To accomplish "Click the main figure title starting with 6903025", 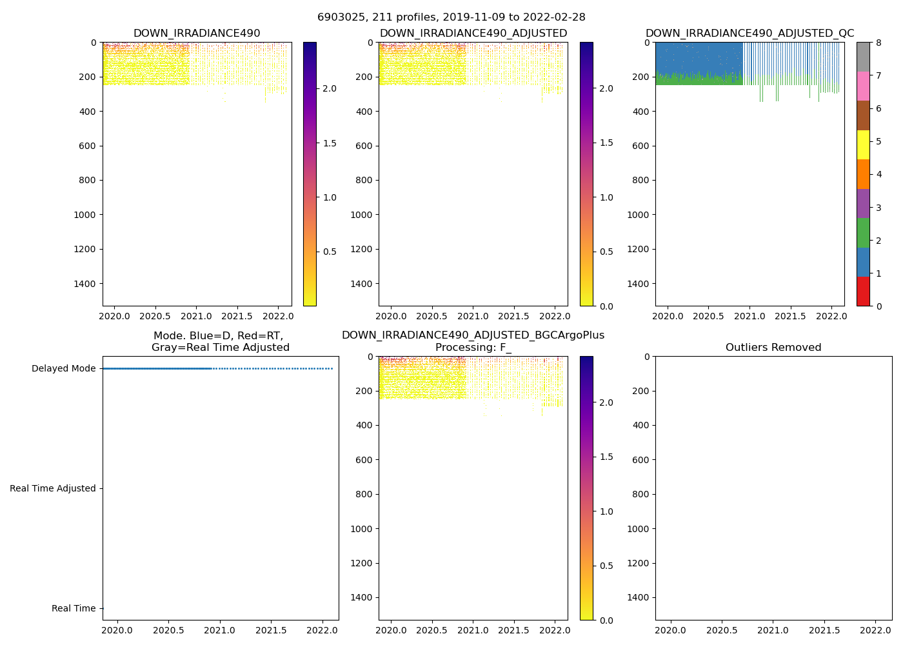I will click(x=451, y=17).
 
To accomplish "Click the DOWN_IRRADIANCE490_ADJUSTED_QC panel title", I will click(x=749, y=34).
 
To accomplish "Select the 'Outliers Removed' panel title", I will click(x=773, y=348).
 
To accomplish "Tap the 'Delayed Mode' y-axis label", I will click(x=63, y=369).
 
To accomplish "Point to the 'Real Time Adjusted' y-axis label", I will click(x=52, y=489).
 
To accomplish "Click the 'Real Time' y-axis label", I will click(x=74, y=609).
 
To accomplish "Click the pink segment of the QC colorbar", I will click(x=863, y=86).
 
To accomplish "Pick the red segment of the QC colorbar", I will click(x=863, y=292).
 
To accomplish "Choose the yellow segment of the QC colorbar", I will click(x=863, y=145).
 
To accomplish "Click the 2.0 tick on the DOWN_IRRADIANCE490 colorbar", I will click(x=329, y=88).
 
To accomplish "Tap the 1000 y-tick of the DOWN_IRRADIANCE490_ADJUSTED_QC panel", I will click(x=639, y=215).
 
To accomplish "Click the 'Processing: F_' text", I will click(x=473, y=348).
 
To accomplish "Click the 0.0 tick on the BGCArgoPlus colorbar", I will click(x=606, y=620).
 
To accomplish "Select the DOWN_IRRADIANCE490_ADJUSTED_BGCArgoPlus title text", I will click(x=473, y=335).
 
